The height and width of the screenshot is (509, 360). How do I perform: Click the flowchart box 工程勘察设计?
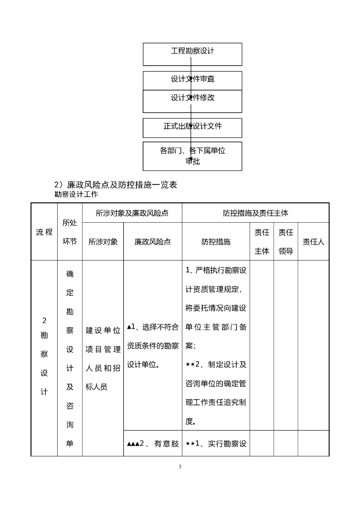tap(192, 51)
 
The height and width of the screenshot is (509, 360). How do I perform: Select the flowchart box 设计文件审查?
tap(192, 79)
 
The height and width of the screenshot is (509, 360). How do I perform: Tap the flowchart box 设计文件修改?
tap(192, 98)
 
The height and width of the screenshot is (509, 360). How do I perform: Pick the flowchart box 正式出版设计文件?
tap(192, 126)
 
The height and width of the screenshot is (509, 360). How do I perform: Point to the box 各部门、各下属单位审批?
tap(192, 156)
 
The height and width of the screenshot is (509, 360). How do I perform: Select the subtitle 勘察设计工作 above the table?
tap(76, 194)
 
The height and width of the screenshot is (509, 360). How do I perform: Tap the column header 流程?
tap(44, 232)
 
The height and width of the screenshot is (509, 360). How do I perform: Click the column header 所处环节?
tap(70, 232)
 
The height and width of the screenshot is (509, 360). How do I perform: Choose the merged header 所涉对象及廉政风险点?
tap(132, 213)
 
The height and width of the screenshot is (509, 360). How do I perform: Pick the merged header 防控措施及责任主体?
tap(255, 213)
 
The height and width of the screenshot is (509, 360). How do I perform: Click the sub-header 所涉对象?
tap(103, 242)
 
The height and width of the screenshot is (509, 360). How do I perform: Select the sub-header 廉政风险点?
tap(153, 242)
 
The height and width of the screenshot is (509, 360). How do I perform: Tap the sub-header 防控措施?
tap(216, 242)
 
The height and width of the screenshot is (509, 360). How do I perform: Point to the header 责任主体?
tap(262, 242)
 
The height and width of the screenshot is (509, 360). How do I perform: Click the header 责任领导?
tap(285, 242)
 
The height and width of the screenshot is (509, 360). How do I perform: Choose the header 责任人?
tap(313, 242)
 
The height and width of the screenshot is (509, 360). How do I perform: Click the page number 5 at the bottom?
tap(180, 467)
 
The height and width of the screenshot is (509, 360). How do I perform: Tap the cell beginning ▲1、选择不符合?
tap(153, 345)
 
